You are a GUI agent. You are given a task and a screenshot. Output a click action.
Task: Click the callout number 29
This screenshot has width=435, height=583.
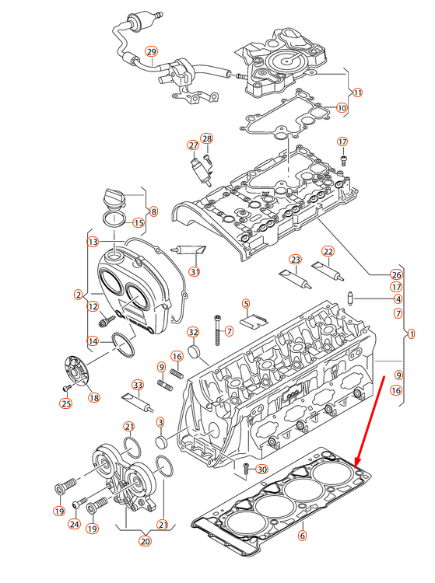(152, 52)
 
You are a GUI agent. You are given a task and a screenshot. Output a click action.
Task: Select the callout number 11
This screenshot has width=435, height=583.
(358, 93)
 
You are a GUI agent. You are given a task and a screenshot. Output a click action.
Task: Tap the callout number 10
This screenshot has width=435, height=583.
(342, 107)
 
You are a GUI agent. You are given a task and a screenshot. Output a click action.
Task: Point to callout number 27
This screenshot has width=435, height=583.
(192, 145)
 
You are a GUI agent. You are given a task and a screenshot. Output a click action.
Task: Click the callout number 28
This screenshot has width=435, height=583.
(207, 138)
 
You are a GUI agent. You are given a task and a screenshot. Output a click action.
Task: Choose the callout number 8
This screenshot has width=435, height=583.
(153, 211)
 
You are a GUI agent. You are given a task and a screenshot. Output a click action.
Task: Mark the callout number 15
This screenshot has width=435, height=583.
(139, 223)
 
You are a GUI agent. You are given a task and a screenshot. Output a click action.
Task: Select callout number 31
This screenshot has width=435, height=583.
(195, 271)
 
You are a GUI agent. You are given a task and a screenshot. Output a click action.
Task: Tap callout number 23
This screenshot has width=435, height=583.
(295, 259)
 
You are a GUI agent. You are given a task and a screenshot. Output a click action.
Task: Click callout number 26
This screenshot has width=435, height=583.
(397, 274)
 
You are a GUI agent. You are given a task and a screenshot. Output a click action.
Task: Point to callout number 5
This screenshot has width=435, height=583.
(246, 303)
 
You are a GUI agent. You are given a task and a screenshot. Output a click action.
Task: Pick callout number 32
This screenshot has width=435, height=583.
(192, 332)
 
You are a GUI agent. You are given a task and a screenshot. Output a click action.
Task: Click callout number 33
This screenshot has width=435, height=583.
(138, 385)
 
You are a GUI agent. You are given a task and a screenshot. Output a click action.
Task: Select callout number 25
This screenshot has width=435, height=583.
(66, 403)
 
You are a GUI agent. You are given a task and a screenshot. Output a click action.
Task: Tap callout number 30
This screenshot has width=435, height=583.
(261, 469)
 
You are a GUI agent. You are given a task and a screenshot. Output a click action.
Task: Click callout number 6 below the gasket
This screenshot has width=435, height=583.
(303, 535)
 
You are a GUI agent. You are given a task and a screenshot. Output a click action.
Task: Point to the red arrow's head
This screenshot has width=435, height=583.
(357, 465)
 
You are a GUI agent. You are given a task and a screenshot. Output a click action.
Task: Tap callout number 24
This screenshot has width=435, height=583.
(75, 524)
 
